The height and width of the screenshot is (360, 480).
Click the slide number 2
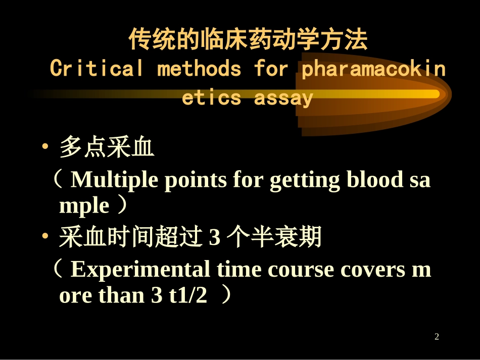click(x=437, y=337)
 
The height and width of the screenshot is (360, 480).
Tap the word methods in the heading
click(x=199, y=69)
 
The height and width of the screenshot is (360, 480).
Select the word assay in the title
click(x=283, y=97)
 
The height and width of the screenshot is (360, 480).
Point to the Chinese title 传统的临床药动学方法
click(x=248, y=40)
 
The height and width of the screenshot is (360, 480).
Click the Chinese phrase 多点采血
click(x=107, y=149)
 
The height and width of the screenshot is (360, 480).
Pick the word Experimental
click(x=140, y=270)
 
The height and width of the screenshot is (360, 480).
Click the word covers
click(x=372, y=270)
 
